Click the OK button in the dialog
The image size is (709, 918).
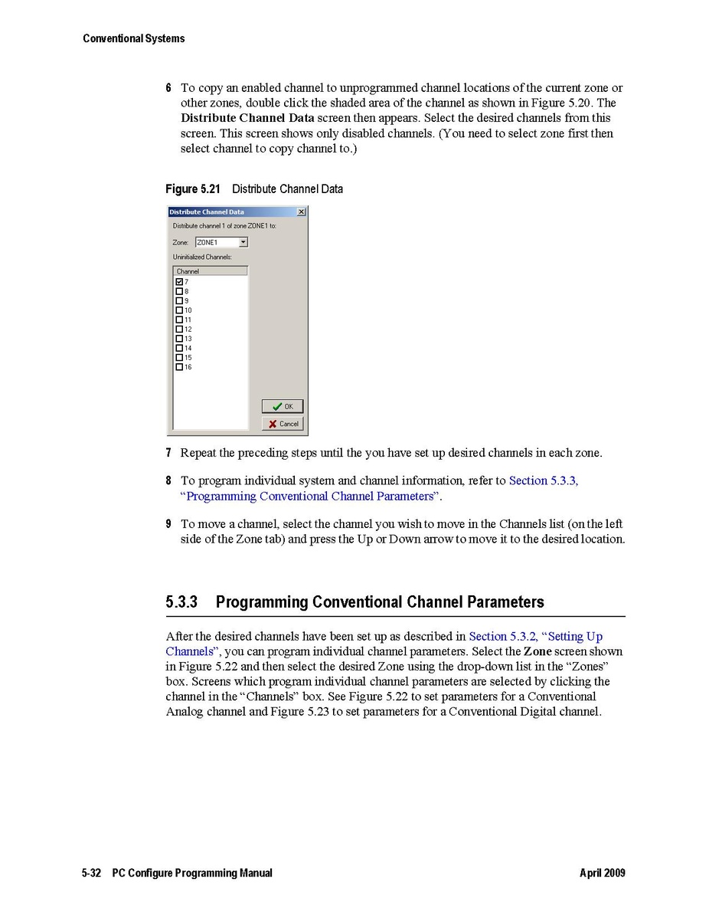point(283,406)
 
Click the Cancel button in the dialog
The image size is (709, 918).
point(283,424)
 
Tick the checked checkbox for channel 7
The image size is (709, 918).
point(179,282)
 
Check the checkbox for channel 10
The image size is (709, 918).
point(179,310)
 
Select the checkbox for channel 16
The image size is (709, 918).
point(179,367)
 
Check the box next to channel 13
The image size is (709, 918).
point(179,339)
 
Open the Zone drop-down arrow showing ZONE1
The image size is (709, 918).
point(243,242)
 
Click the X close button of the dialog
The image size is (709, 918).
point(300,211)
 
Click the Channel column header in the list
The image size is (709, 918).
point(211,271)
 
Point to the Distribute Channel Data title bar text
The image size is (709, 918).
point(207,211)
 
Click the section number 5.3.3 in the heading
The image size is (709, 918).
point(181,602)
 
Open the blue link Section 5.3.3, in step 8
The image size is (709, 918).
point(544,480)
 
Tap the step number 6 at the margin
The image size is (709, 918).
point(168,88)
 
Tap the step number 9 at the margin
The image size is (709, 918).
point(168,524)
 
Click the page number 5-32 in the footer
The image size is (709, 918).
point(92,873)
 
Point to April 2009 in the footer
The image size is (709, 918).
point(603,873)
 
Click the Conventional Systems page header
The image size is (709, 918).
point(134,38)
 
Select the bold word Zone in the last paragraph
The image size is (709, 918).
point(537,651)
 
